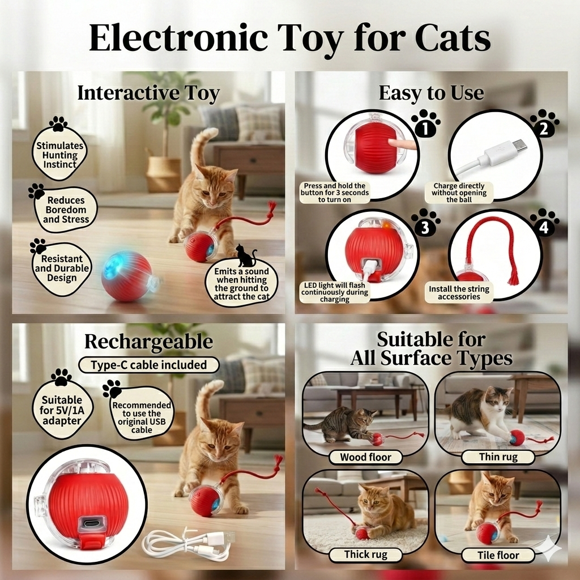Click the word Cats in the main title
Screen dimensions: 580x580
coord(453,38)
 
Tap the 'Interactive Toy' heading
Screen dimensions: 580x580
coord(148,93)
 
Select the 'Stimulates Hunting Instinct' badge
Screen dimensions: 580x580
coord(59,154)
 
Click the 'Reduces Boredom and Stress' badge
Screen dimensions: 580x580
coord(66,210)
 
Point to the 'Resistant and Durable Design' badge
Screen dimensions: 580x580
coord(62,268)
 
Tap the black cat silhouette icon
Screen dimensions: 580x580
coord(246,255)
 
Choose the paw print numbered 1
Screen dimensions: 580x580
coord(425,124)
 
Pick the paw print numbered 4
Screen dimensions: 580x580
coord(544,223)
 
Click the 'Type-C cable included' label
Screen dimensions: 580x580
coord(149,365)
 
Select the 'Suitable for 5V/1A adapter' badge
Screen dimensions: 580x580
coord(62,410)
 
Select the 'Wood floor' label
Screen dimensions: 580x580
coord(365,457)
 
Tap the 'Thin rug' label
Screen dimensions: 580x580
coord(498,457)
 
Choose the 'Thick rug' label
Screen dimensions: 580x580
coord(365,555)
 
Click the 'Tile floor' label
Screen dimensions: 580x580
coord(498,555)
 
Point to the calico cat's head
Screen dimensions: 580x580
coord(498,402)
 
